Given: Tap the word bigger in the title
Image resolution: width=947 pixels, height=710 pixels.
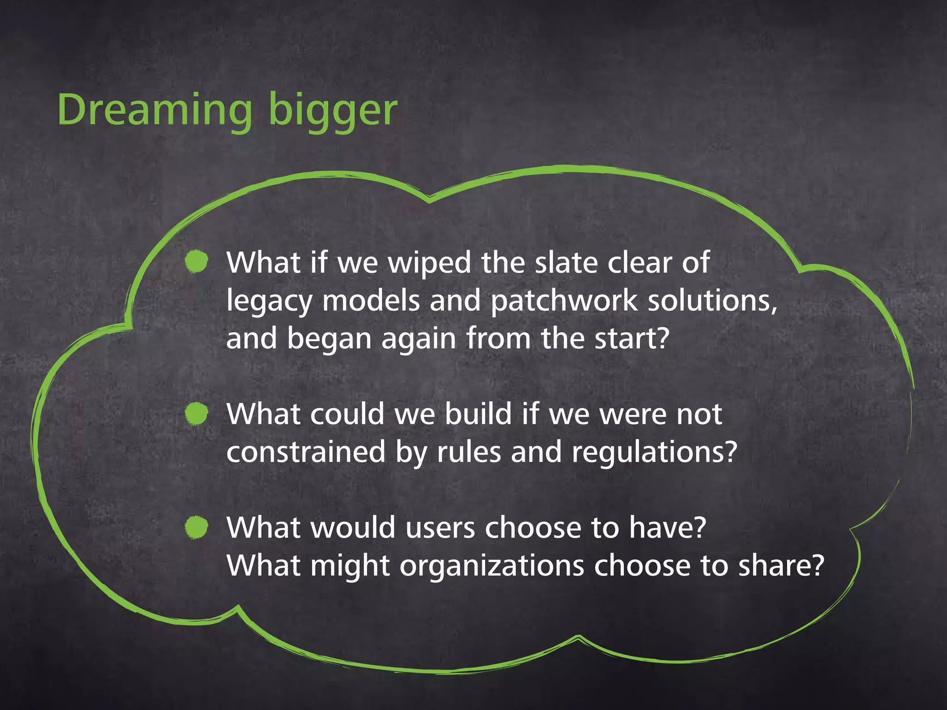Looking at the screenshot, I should pyautogui.click(x=332, y=111).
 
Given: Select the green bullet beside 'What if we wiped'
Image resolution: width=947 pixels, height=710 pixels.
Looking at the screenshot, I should pyautogui.click(x=197, y=262).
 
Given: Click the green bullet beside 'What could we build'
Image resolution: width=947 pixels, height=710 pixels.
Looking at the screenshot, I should pyautogui.click(x=197, y=413).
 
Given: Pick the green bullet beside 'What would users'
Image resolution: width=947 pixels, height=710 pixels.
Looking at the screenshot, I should pyautogui.click(x=197, y=527).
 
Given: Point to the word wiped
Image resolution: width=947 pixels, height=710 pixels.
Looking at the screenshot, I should pyautogui.click(x=430, y=263).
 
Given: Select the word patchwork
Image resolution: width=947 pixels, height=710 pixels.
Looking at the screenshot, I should pyautogui.click(x=564, y=301).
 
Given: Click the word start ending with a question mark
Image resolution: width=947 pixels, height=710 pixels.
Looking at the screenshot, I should pyautogui.click(x=632, y=338).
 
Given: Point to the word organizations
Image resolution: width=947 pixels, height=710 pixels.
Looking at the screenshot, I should pyautogui.click(x=492, y=567).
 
